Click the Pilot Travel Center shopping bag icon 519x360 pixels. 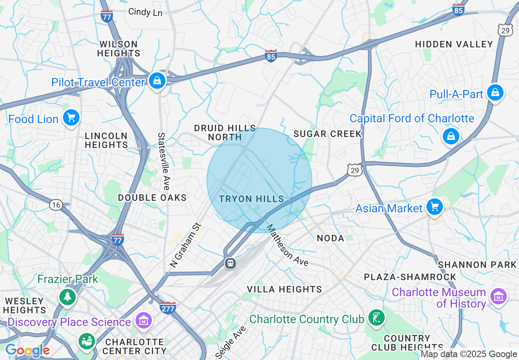(157, 81)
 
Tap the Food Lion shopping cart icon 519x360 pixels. (71, 118)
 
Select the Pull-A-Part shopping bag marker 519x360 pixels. (495, 93)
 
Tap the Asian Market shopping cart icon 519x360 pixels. (434, 207)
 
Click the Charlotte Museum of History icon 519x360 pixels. (499, 297)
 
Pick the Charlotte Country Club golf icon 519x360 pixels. (376, 318)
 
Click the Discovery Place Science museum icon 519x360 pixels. (144, 321)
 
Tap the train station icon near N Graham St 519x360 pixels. (230, 263)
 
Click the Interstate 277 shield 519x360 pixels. (168, 308)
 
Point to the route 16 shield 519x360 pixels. (56, 205)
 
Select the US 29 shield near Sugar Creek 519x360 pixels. (354, 170)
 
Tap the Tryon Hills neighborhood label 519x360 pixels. (251, 199)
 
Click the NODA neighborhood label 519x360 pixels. (330, 238)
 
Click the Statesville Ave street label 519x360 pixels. (163, 161)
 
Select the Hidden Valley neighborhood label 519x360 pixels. (454, 44)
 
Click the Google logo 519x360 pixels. (27, 351)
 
